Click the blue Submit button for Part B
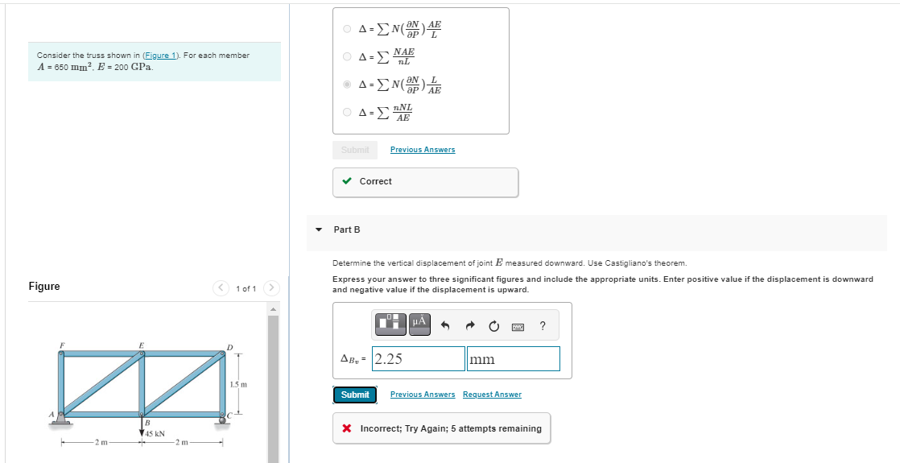(355, 395)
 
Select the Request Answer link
(492, 395)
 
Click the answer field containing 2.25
(419, 359)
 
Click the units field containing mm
(513, 359)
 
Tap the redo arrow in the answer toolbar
(474, 325)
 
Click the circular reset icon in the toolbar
(494, 325)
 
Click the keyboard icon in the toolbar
(518, 326)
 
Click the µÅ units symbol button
(419, 324)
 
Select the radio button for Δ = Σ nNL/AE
(347, 112)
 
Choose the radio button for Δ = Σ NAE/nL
(347, 57)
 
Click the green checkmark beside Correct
(347, 181)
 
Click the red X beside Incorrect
(347, 428)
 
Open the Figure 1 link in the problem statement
(162, 56)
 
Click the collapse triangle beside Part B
(319, 229)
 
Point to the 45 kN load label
(154, 434)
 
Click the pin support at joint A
(61, 419)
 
